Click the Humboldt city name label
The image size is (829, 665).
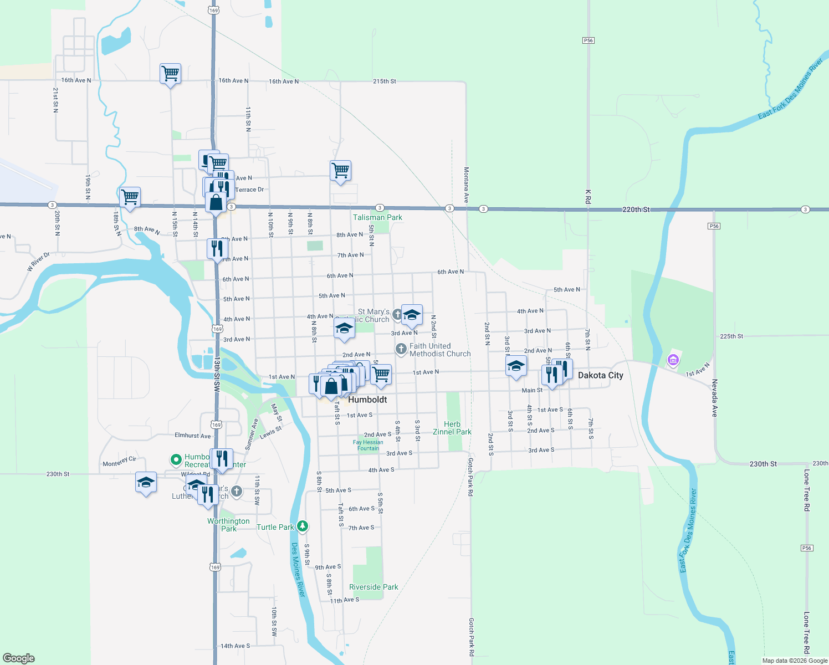[x=367, y=400]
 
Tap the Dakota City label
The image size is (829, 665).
[x=600, y=375]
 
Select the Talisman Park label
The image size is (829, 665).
[x=377, y=217]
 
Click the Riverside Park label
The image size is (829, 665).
[x=373, y=587]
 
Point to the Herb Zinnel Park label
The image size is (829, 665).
[x=452, y=428]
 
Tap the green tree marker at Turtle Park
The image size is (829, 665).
[x=302, y=526]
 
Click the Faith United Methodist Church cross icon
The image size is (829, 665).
[x=401, y=349]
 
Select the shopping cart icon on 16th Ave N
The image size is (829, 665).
[x=170, y=73]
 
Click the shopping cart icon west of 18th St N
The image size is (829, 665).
[x=130, y=197]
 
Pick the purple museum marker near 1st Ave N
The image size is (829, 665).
[x=673, y=360]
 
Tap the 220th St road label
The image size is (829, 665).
[x=636, y=209]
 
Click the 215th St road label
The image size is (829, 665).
[x=385, y=81]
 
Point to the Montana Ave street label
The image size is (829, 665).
[x=467, y=184]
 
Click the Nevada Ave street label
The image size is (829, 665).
[x=714, y=398]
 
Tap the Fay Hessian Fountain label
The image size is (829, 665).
[x=368, y=445]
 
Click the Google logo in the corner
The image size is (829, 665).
[x=19, y=658]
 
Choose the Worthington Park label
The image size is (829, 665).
[x=228, y=525]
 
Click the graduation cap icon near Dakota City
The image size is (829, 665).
[x=516, y=366]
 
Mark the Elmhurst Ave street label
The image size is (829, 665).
[x=192, y=436]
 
